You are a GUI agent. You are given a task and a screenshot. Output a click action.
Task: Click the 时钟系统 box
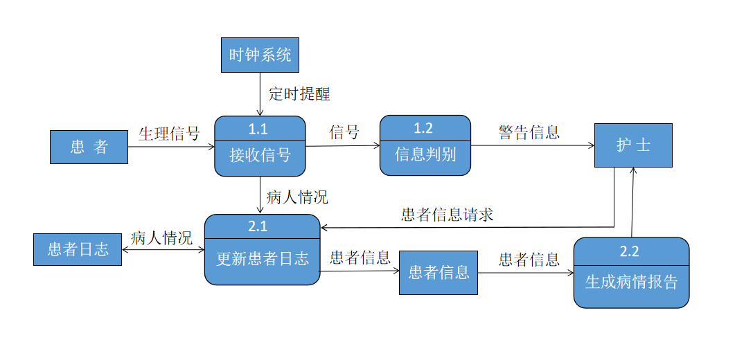(x=260, y=55)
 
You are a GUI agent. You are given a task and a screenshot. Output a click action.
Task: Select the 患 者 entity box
(x=89, y=147)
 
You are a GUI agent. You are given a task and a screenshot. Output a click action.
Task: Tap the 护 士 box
(x=633, y=145)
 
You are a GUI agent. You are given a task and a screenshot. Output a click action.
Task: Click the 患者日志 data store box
(x=78, y=249)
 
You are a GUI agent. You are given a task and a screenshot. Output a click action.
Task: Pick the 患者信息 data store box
(x=438, y=272)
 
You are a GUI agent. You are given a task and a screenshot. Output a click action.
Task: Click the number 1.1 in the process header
(x=260, y=128)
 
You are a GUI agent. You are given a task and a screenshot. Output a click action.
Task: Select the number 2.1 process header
(x=262, y=226)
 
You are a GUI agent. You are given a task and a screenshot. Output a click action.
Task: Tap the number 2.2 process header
(x=630, y=251)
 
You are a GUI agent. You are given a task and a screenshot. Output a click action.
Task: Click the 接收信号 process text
(x=260, y=154)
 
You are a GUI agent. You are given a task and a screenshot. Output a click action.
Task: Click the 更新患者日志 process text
(x=262, y=259)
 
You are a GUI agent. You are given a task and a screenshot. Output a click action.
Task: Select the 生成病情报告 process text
(x=631, y=282)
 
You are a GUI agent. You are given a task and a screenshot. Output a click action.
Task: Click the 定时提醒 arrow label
(x=299, y=94)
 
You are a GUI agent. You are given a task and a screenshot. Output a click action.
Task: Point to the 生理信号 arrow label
(x=169, y=133)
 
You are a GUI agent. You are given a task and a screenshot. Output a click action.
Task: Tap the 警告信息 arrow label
(x=529, y=132)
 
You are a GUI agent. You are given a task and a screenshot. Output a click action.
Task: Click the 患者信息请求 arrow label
(x=447, y=214)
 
